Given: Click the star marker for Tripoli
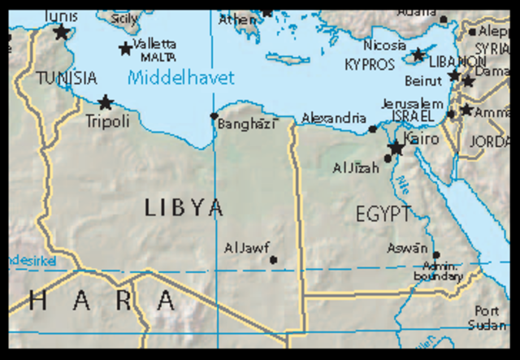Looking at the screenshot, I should coord(106,103).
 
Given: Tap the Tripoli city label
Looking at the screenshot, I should coord(107,121).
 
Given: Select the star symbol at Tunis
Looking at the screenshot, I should coord(61,33).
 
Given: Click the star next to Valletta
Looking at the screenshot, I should coord(125,49).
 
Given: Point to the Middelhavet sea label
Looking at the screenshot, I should coord(180,78).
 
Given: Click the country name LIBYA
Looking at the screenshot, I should coord(184,207).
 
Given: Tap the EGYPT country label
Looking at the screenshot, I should coord(383,214).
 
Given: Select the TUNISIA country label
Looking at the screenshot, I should coord(67,79).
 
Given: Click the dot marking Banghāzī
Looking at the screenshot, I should coord(214,116).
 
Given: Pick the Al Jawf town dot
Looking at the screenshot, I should coord(273,260).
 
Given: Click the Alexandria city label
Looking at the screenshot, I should coord(334,119).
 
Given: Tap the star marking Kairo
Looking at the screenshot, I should coord(396,149).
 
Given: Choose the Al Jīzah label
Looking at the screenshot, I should coord(356,168).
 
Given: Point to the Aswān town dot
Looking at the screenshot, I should coord(435,254).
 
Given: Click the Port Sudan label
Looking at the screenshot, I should coord(487,318).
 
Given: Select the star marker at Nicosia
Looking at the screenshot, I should coord(418,55).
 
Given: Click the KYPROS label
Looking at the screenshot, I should coord(370,63).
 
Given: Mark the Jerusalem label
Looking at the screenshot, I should coord(412,104).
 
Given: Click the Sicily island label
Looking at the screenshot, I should coord(125,18).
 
